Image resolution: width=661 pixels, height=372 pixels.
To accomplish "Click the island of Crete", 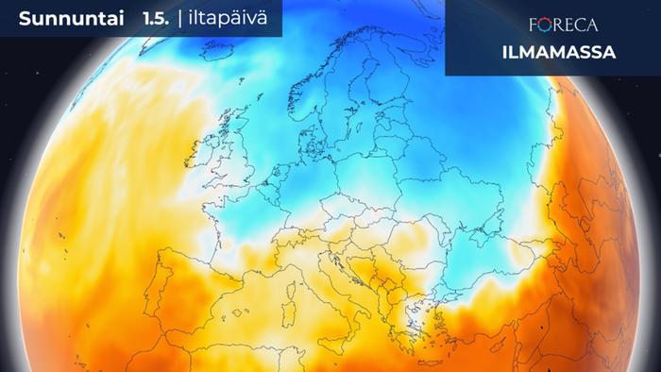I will [x=422, y=351].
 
